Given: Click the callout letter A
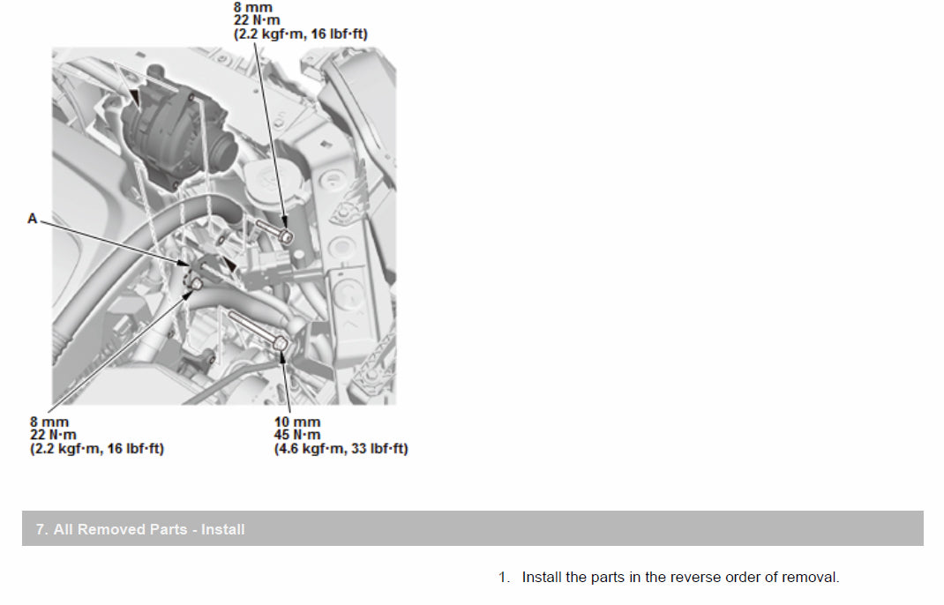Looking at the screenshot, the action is (33, 219).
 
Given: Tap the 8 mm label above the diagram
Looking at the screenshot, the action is (253, 7).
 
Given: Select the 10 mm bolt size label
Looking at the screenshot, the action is (297, 422).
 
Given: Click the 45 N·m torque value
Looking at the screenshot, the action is (297, 435).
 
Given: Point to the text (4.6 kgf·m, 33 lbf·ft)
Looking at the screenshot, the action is (341, 449).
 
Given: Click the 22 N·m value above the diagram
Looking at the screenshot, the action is (257, 20).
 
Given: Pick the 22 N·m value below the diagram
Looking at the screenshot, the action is (53, 435).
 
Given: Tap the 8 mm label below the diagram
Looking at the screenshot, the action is (49, 422).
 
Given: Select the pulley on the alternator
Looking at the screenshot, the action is (223, 152).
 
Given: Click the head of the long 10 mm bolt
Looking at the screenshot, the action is (280, 344).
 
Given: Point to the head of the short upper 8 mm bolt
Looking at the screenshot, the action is (287, 236).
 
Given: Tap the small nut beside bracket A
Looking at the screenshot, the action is (196, 283).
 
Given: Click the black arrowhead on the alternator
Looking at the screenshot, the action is (135, 96).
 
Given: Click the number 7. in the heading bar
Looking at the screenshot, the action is (41, 530).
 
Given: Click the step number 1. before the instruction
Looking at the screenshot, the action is (505, 578).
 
